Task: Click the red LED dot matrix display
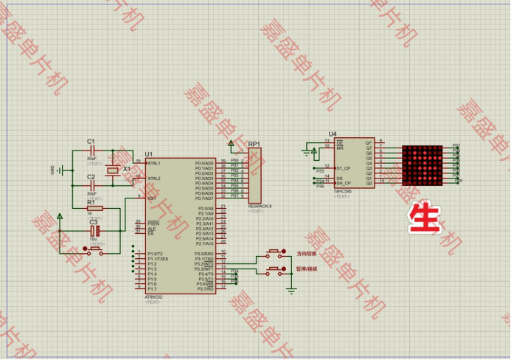pos(426,165)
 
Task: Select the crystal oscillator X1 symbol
pos(111,171)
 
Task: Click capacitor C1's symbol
pos(91,151)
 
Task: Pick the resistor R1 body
pos(94,209)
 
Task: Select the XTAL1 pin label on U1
pos(153,163)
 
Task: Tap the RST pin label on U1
pos(151,198)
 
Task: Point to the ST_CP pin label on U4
pos(343,168)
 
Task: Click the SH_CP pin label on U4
pos(343,183)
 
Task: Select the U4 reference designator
pos(333,134)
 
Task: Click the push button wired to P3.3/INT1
pos(276,271)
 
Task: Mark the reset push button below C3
pos(94,251)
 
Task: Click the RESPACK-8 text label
pos(260,207)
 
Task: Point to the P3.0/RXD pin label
pos(204,254)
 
